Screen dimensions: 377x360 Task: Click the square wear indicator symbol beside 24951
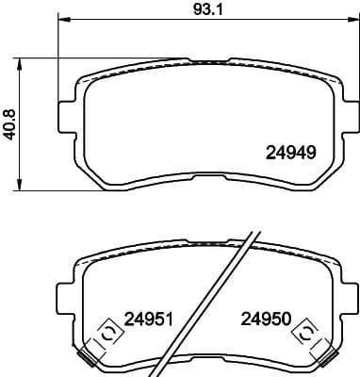106,334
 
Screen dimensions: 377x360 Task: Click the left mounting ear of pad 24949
66,114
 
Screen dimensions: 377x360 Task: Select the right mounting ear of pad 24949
347,114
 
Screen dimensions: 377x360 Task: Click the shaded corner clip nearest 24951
90,356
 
